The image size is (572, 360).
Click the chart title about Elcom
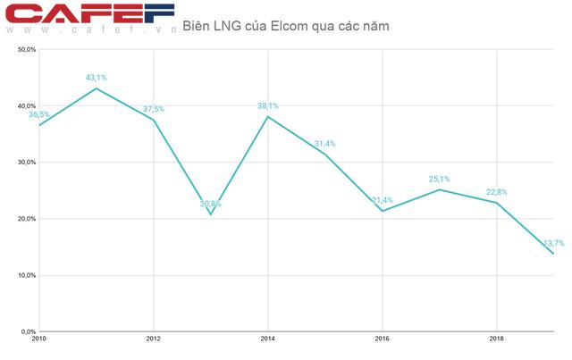[x=285, y=27]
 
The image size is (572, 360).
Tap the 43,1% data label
[x=97, y=78]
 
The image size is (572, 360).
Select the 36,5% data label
[x=39, y=115]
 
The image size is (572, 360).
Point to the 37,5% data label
[x=154, y=109]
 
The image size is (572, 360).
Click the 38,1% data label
[x=268, y=106]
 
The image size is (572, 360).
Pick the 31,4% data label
[x=325, y=144]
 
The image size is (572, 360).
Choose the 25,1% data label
[x=439, y=179]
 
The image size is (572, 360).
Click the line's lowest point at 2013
[x=211, y=214]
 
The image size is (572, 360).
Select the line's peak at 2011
[x=97, y=88]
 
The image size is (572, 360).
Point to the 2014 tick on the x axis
[x=268, y=339]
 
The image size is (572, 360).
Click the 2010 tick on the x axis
[x=39, y=339]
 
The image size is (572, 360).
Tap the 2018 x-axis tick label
[x=496, y=339]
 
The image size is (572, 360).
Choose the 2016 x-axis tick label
[x=383, y=339]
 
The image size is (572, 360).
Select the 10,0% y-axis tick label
[x=25, y=275]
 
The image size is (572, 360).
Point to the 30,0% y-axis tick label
[x=25, y=163]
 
